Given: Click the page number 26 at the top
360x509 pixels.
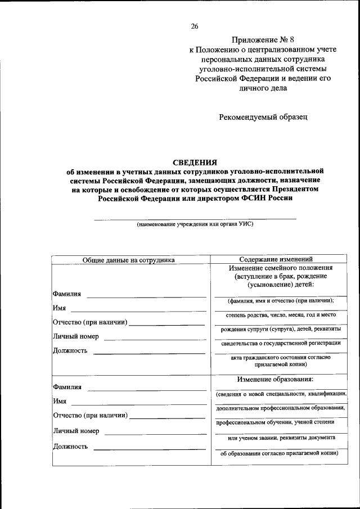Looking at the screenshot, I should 195,26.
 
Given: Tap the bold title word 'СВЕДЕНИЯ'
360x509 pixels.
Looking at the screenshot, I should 195,162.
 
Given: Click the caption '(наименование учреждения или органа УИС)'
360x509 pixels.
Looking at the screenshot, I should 195,224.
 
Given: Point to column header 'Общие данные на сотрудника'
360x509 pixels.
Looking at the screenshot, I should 129,259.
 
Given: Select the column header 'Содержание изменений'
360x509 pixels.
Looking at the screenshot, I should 276,259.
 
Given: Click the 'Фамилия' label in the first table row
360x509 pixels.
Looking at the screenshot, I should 67,294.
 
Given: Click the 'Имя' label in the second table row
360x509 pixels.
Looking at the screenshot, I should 60,402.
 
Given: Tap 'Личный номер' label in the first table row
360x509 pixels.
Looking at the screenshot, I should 76,336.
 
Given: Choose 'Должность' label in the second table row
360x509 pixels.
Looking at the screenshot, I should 70,447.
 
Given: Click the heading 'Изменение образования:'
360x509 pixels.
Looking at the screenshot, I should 276,379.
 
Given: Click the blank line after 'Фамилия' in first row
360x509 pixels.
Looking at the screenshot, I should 146,296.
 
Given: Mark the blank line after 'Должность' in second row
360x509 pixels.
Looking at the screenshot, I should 149,449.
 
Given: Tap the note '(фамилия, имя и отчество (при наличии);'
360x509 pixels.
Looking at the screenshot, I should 277,301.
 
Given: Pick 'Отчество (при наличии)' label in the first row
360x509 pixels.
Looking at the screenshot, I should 90,322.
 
